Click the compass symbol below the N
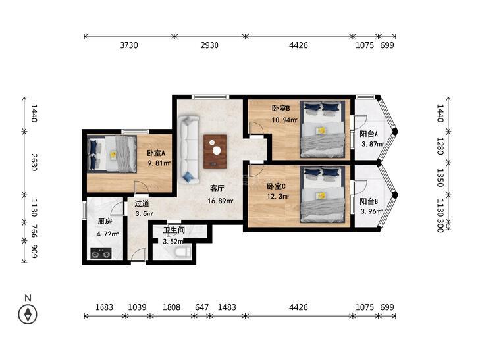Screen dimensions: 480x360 28,314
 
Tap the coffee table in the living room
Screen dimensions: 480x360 215,152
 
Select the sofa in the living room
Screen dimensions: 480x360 188,150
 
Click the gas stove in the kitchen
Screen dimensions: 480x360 101,253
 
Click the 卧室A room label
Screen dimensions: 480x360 156,153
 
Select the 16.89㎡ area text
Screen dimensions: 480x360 221,201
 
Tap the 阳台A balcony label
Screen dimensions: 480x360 369,134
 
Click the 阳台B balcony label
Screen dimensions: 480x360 369,201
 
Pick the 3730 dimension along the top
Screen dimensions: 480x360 129,45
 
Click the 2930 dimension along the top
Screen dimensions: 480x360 209,45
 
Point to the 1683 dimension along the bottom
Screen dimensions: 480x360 105,307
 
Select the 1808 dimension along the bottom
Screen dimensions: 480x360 171,307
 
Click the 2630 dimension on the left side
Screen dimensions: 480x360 34,163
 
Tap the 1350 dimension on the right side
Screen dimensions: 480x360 440,178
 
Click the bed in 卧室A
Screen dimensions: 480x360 112,153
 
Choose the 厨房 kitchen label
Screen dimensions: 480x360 105,221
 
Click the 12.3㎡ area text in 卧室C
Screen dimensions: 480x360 278,196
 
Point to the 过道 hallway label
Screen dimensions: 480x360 142,203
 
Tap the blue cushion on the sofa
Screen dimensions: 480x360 188,177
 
